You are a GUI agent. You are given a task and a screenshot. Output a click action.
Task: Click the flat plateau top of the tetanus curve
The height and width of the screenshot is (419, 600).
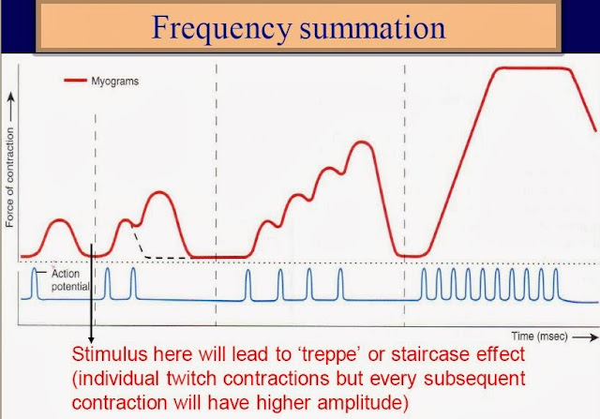(x=533, y=68)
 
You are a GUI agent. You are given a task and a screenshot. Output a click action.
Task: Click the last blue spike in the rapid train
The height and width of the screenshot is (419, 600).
(x=556, y=281)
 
